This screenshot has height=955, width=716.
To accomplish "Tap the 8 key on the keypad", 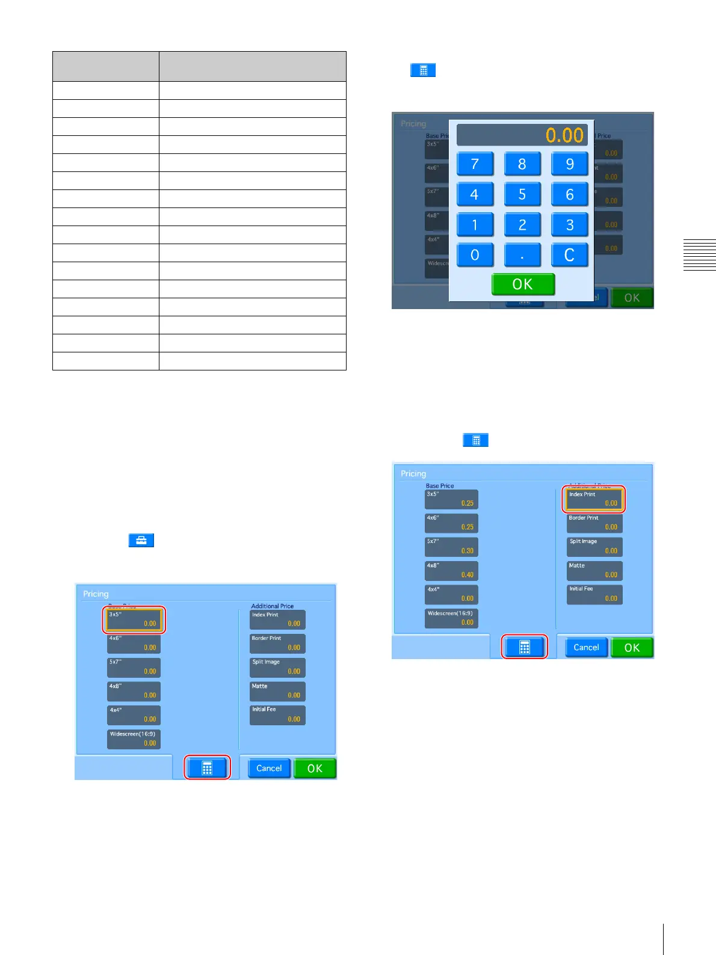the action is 522,164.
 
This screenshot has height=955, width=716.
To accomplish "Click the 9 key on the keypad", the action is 569,164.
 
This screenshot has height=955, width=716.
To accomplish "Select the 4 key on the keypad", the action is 475,194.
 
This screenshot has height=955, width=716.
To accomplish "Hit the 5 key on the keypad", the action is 522,194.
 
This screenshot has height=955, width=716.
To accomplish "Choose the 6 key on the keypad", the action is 569,194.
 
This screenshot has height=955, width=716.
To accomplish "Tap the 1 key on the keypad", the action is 475,225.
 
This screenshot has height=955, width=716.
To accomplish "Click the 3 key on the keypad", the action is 569,225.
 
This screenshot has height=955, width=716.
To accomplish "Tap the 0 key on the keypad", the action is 475,255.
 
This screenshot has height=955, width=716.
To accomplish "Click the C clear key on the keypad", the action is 569,255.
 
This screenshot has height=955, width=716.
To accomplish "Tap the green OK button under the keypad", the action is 522,284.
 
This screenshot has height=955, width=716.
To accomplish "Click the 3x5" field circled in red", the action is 134,620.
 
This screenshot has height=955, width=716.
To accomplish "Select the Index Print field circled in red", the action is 594,499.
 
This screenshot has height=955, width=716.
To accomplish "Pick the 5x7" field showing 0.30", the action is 451,547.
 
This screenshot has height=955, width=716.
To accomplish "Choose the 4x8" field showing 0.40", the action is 451,571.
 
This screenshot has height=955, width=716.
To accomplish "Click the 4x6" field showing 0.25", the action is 451,523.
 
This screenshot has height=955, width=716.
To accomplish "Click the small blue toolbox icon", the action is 141,540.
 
